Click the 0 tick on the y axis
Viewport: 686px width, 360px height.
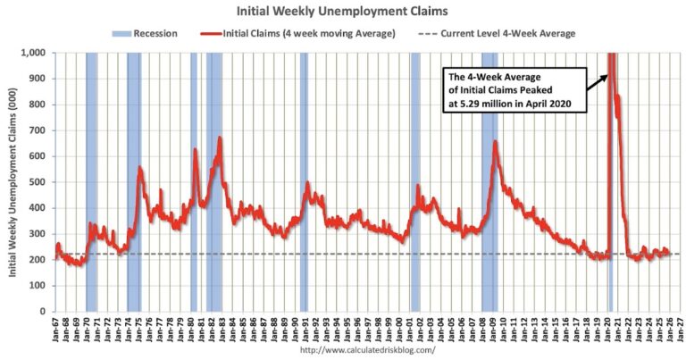click(46, 312)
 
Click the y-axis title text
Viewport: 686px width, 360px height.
click(13, 183)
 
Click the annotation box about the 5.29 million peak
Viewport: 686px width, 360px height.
click(514, 90)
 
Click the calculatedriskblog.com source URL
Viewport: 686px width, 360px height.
click(368, 350)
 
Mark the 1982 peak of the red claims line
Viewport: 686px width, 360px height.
click(219, 138)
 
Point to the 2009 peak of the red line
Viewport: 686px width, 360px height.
click(495, 142)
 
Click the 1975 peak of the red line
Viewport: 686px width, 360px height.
click(139, 168)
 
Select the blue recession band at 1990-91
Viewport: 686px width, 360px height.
click(304, 182)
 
